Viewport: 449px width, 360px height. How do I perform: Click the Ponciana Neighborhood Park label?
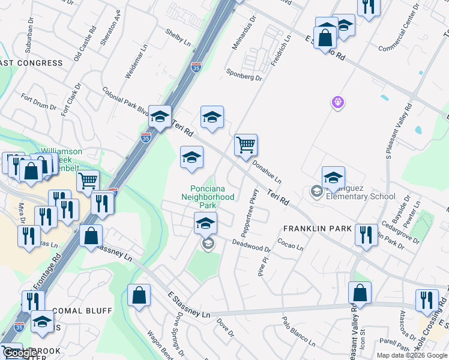tap(208, 193)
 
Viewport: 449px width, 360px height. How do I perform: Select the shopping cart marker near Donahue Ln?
tap(246, 145)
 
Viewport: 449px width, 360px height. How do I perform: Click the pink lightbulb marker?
tap(338, 103)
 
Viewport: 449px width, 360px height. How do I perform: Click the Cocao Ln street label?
tap(290, 244)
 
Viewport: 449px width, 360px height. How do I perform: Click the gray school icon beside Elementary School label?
tap(316, 191)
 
